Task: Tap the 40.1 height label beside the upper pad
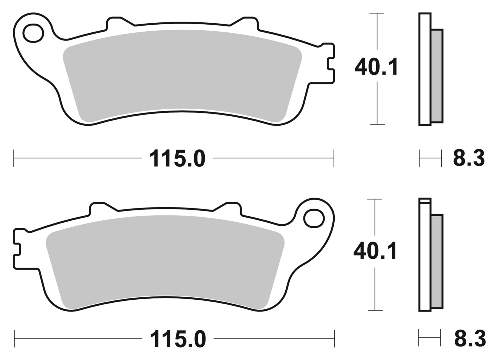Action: (x=376, y=67)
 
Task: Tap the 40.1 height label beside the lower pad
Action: (x=375, y=251)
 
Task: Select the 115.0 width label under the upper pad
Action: (x=177, y=159)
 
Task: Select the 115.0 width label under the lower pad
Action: (x=178, y=339)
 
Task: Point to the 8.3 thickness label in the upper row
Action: (x=468, y=158)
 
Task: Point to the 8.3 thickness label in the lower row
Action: (x=470, y=338)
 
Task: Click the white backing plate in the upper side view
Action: (x=425, y=69)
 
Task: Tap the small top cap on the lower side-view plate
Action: (x=425, y=201)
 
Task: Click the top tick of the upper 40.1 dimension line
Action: (x=377, y=13)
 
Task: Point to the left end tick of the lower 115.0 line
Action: (x=14, y=338)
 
